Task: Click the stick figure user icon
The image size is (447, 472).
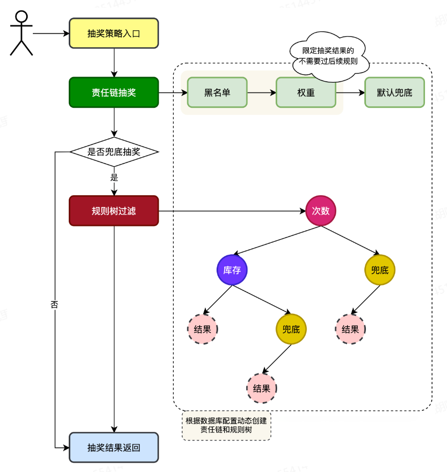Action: [x=21, y=33]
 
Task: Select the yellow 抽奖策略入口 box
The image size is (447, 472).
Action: [x=114, y=33]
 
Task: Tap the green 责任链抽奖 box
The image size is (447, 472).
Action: [x=114, y=92]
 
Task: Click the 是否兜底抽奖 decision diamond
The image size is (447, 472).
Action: [x=114, y=152]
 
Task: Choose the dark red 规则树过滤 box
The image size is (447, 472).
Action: [x=114, y=211]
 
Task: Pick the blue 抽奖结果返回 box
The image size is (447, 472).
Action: [x=114, y=447]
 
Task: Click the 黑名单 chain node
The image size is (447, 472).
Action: [x=217, y=92]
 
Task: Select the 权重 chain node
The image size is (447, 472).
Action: [x=306, y=92]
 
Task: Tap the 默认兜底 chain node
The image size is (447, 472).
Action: [x=395, y=92]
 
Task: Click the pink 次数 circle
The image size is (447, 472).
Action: [x=321, y=211]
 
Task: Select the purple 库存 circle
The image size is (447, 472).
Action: [x=232, y=270]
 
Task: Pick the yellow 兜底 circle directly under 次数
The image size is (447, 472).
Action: [x=380, y=270]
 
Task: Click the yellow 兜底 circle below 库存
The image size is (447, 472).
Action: [x=291, y=329]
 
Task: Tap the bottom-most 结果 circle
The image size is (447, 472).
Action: [x=262, y=388]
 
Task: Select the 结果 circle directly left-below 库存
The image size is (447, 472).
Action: [x=202, y=329]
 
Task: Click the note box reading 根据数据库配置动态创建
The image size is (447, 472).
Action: [x=226, y=425]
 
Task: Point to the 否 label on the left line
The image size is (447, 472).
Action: [x=54, y=304]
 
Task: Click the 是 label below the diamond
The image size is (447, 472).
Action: [x=114, y=178]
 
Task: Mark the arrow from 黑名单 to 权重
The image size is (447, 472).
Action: [x=262, y=93]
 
